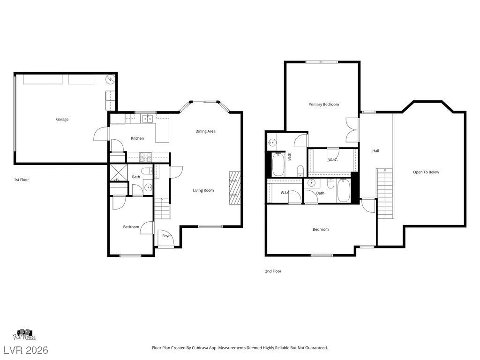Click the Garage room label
pyautogui.click(x=62, y=120)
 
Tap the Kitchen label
pyautogui.click(x=137, y=138)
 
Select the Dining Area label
pyautogui.click(x=205, y=131)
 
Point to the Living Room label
pyautogui.click(x=203, y=190)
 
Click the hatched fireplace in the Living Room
pyautogui.click(x=235, y=188)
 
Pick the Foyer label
pyautogui.click(x=167, y=236)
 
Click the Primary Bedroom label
pyautogui.click(x=323, y=105)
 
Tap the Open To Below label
pyautogui.click(x=426, y=172)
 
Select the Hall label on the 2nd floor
pyautogui.click(x=375, y=150)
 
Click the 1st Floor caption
pyautogui.click(x=22, y=180)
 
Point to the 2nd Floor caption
pyautogui.click(x=273, y=271)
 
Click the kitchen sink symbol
pyautogui.click(x=148, y=119)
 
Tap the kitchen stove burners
pyautogui.click(x=146, y=157)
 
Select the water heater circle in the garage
pyautogui.click(x=110, y=80)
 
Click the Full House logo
pyautogui.click(x=24, y=335)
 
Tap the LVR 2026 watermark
pyautogui.click(x=26, y=350)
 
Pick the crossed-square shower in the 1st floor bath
pyautogui.click(x=119, y=173)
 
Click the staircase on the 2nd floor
pyautogui.click(x=385, y=194)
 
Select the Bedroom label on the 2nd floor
pyautogui.click(x=321, y=229)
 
